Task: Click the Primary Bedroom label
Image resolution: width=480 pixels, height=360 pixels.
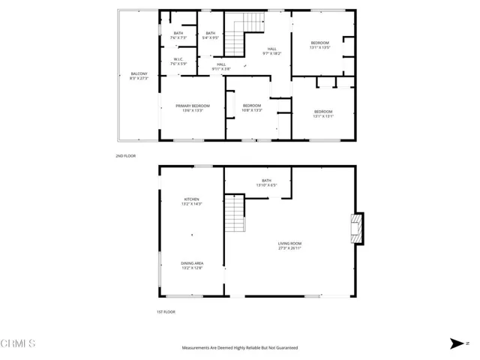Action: [x=193, y=108]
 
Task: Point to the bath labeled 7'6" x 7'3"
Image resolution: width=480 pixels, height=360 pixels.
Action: [x=178, y=35]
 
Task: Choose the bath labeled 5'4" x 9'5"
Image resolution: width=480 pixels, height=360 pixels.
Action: [x=211, y=35]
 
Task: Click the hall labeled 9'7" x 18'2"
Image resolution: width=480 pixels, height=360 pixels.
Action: [x=271, y=51]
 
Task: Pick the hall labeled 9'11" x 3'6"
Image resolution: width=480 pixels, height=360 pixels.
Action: [x=221, y=67]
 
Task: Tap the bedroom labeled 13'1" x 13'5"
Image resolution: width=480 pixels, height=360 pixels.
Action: [x=319, y=45]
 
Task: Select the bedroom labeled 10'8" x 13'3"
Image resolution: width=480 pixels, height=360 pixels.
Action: [x=251, y=107]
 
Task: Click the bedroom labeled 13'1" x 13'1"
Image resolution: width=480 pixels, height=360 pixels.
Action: [x=322, y=114]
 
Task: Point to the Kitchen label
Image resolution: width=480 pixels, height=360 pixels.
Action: [x=192, y=201]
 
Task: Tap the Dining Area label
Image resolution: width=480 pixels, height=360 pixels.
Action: [x=192, y=265]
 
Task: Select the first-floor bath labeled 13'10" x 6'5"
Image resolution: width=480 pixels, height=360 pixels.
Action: [x=266, y=182]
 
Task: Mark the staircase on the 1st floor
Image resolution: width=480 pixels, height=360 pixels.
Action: [x=235, y=214]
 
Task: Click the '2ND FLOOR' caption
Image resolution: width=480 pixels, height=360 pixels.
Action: [x=124, y=155]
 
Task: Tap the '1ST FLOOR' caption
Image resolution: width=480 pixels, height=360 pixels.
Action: [x=165, y=311]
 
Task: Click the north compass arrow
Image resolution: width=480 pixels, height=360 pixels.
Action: [x=456, y=343]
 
